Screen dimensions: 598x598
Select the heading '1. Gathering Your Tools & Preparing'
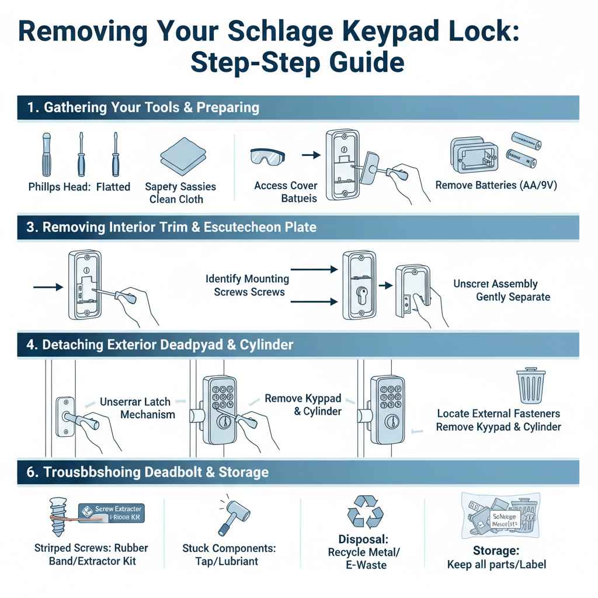[143, 108]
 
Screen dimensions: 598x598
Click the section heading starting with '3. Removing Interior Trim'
[172, 227]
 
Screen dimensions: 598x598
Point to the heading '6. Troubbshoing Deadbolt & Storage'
[148, 472]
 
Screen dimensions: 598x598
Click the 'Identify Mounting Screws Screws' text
[247, 286]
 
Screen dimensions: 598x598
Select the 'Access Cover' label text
[286, 186]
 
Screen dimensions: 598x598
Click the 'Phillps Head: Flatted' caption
[79, 187]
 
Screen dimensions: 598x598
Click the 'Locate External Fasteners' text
[498, 413]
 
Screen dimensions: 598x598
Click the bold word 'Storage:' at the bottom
[496, 551]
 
